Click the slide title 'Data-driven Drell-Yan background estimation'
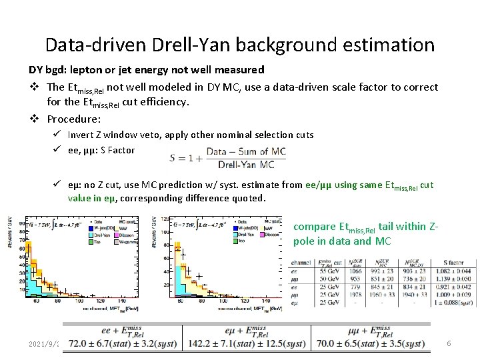pos(239,45)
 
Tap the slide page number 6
pos(449,343)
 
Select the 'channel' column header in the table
pos(301,263)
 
